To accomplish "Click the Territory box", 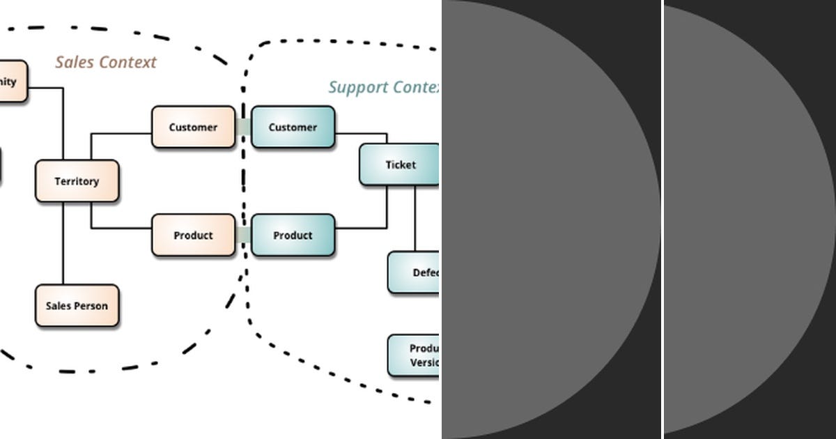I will coord(77,181).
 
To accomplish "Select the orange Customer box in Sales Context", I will coord(193,128).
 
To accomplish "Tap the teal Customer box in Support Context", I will coord(293,128).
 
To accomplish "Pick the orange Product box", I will coord(193,236).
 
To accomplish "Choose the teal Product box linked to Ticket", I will coord(293,236).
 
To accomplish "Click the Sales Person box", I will coord(77,306).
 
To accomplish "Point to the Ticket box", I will coord(400,165).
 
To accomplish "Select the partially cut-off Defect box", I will coord(414,272).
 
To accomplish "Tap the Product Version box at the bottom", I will coord(414,355).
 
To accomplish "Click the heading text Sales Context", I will coord(106,63).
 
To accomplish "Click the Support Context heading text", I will coord(384,88).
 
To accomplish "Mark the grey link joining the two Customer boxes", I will coord(243,128).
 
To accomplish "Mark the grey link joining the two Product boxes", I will coord(243,236).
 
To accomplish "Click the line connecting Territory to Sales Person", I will coord(63,244).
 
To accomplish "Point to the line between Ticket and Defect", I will coord(415,219).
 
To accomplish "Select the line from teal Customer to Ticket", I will coord(362,133).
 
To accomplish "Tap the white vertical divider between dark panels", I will coord(663,219).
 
